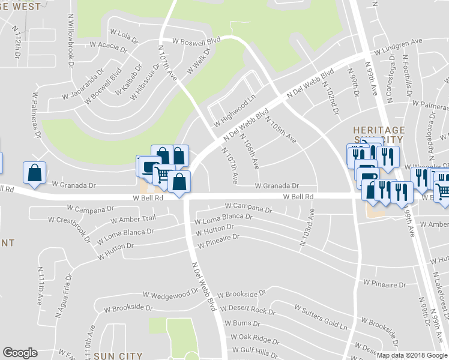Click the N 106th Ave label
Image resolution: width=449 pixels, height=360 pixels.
tap(249, 151)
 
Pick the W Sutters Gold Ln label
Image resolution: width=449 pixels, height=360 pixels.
tap(321, 317)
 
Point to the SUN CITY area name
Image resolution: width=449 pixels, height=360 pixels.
tap(118, 356)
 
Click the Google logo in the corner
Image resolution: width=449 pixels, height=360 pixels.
tap(20, 352)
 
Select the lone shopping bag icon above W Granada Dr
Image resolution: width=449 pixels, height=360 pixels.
tap(34, 173)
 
